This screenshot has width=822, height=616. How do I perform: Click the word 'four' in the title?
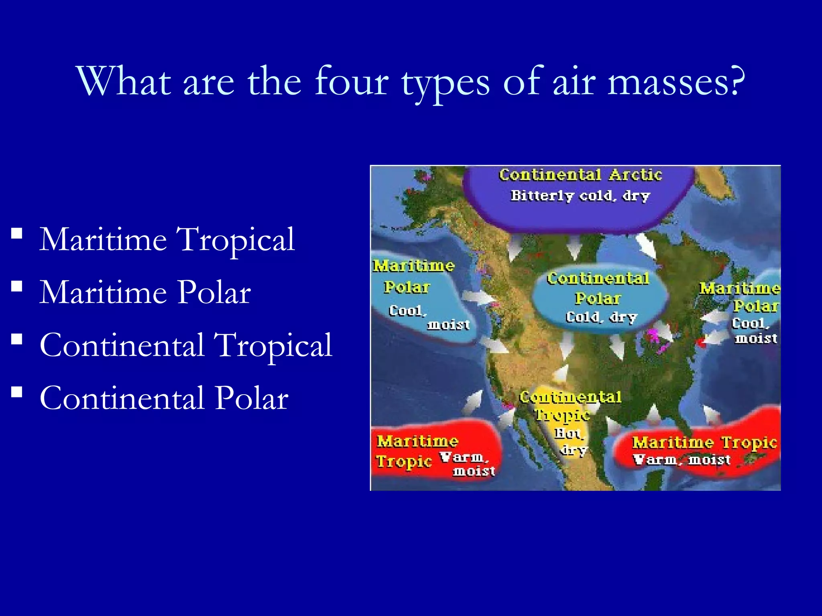click(x=352, y=82)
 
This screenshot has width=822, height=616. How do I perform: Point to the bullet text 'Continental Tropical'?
click(x=186, y=345)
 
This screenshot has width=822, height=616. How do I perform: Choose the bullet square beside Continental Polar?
click(x=17, y=392)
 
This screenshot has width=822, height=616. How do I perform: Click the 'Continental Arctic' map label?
click(x=580, y=175)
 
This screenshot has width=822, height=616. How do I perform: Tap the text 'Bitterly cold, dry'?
click(x=580, y=196)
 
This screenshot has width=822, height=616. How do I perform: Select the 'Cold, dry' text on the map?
click(x=601, y=318)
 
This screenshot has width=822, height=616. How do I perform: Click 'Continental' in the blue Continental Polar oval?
click(x=598, y=279)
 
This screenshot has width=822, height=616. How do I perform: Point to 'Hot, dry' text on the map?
click(x=571, y=441)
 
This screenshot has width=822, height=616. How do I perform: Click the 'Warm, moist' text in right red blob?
click(x=682, y=460)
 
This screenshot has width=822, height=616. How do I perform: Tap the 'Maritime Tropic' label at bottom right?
click(x=704, y=443)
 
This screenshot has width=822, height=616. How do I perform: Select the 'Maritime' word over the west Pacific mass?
click(x=413, y=266)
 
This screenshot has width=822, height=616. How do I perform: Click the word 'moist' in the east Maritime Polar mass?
click(x=756, y=339)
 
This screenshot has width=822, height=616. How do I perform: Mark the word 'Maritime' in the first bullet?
click(x=103, y=239)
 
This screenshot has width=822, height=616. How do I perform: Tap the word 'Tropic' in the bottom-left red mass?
click(x=403, y=462)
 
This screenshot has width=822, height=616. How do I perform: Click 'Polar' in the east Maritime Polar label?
click(x=756, y=307)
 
